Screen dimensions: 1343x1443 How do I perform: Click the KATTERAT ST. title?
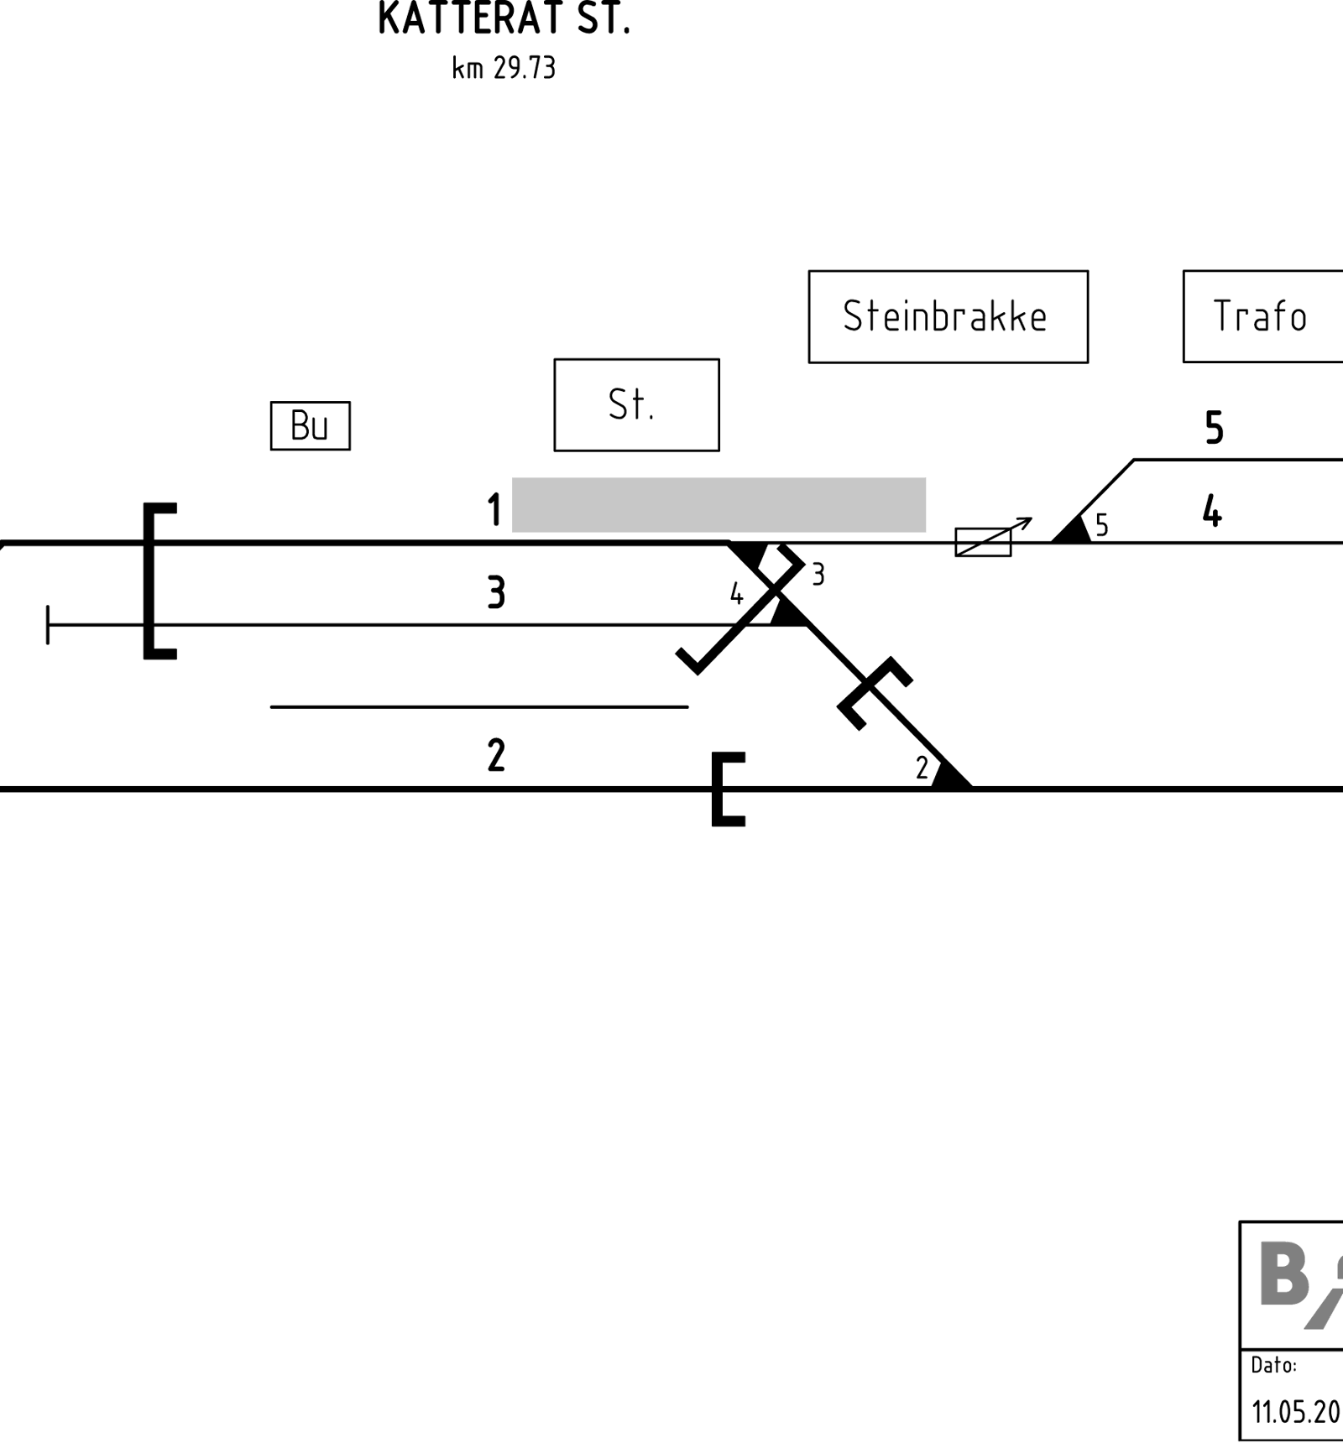[x=504, y=18]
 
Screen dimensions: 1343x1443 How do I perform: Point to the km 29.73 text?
[x=504, y=68]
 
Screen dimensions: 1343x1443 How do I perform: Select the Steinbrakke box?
[x=948, y=316]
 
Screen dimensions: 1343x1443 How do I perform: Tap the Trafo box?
[x=1263, y=316]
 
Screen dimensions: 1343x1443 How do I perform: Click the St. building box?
[x=636, y=405]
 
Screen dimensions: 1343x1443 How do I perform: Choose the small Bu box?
[x=310, y=426]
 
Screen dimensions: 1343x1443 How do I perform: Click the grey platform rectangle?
[x=719, y=505]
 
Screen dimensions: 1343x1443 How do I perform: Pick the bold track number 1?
[x=494, y=510]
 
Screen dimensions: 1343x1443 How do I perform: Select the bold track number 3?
[x=496, y=592]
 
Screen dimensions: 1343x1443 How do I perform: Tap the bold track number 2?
[x=496, y=755]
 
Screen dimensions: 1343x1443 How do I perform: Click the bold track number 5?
[x=1214, y=428]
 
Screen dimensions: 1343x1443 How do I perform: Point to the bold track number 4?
[x=1212, y=510]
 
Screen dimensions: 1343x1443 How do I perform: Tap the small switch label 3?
[x=818, y=575]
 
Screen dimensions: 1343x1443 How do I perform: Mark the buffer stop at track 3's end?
[x=48, y=625]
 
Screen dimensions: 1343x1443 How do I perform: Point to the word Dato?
[x=1273, y=1365]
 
